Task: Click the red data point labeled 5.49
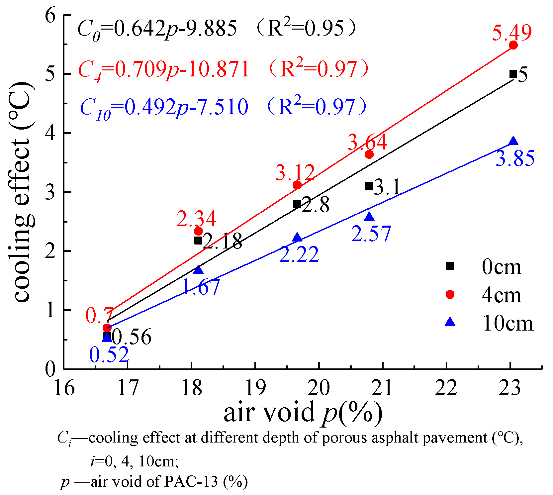tap(513, 45)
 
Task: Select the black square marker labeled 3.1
tap(369, 186)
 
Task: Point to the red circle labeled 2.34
tap(198, 231)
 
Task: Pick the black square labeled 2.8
tap(297, 204)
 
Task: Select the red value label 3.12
tap(295, 173)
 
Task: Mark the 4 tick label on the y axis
tap(50, 133)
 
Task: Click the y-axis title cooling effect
tap(22, 193)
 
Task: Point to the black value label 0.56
tap(132, 337)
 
